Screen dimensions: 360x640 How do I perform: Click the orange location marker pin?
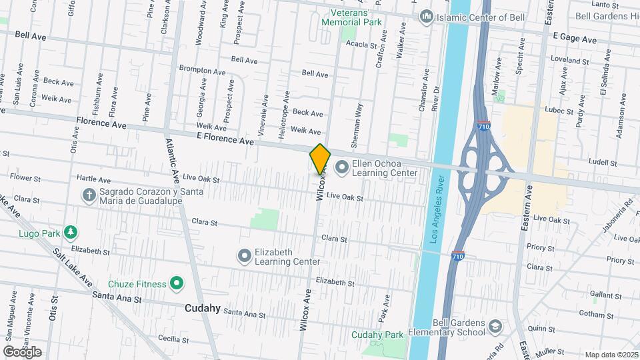point(321,159)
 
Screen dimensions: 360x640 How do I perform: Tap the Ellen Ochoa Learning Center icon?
point(342,166)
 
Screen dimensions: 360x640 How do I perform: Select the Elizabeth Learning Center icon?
point(245,255)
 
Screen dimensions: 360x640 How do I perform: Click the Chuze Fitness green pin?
point(177,284)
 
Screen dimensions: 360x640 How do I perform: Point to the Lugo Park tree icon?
point(69,232)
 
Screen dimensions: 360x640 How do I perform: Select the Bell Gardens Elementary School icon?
point(495,326)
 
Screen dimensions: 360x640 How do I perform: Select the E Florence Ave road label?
point(225,140)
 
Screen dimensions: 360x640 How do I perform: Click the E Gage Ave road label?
point(574,40)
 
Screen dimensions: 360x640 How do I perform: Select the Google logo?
point(21,351)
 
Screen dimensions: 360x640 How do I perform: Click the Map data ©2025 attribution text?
point(611,355)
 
